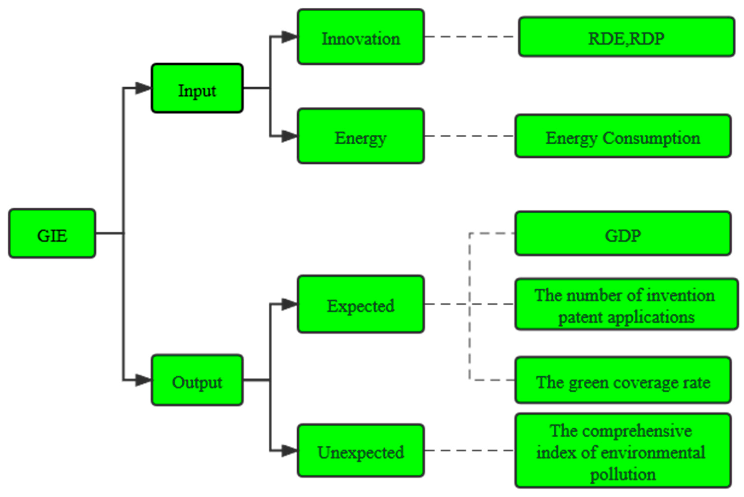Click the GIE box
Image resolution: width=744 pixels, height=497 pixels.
click(x=52, y=233)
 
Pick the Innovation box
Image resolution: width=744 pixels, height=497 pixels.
click(x=361, y=37)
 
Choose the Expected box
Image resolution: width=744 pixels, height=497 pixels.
click(x=361, y=304)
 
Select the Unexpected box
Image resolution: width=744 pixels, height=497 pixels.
click(x=361, y=450)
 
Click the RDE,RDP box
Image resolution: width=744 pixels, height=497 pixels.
click(x=626, y=37)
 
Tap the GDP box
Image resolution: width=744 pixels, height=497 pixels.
click(x=623, y=233)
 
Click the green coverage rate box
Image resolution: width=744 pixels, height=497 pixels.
click(x=623, y=380)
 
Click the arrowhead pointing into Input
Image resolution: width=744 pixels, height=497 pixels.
click(x=143, y=88)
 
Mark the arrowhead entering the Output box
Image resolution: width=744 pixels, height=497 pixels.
click(x=143, y=380)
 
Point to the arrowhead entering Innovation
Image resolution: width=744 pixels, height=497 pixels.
click(x=289, y=37)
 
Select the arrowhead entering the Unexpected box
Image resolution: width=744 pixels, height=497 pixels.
click(x=289, y=450)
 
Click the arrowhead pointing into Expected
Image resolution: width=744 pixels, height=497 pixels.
click(x=289, y=304)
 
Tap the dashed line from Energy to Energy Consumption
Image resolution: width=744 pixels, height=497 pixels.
click(x=469, y=136)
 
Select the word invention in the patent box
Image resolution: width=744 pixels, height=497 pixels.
click(x=681, y=295)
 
